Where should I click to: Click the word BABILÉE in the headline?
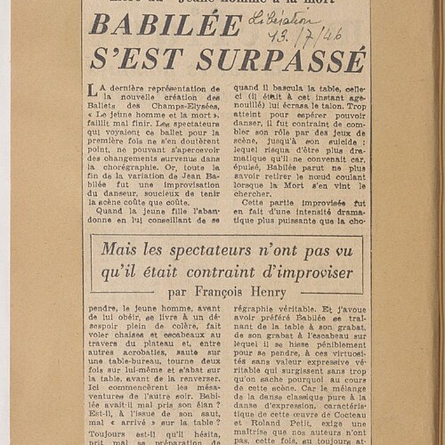[x=166, y=25]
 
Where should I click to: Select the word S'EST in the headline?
[x=137, y=59]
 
